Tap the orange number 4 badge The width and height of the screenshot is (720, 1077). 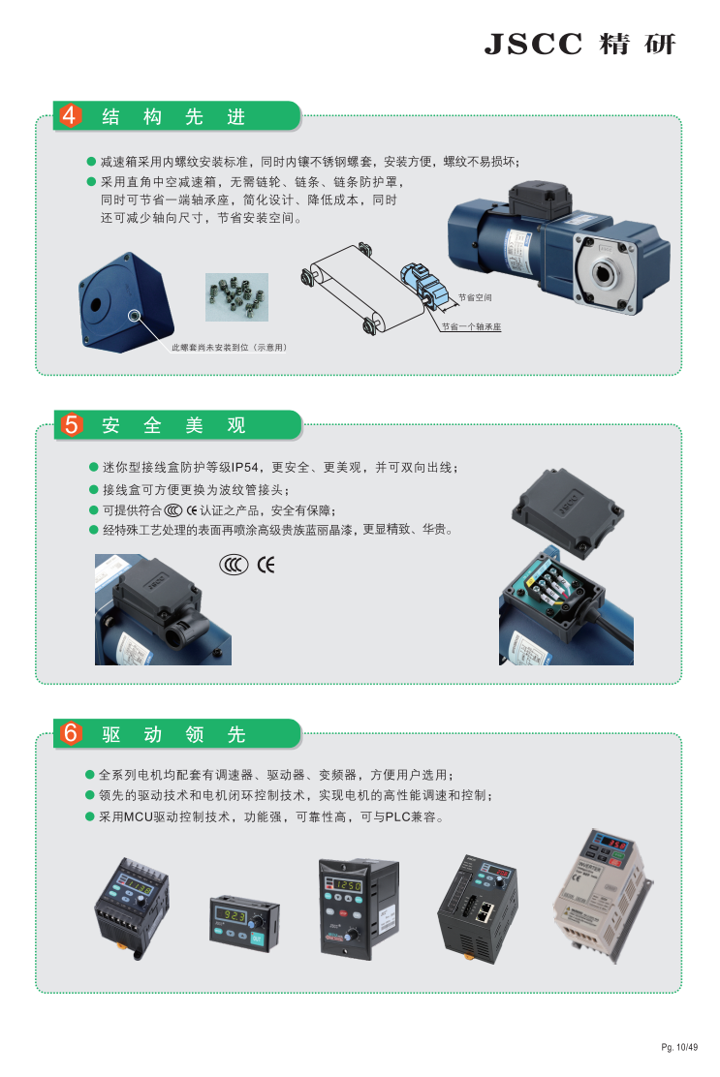pos(70,115)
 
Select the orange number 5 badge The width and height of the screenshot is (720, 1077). pos(70,424)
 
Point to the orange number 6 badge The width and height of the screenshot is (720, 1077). pos(70,733)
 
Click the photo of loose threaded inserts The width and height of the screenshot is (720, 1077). pos(237,297)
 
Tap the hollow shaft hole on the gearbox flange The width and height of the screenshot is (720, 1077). pos(604,273)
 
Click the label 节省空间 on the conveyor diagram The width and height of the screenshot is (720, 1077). pos(475,297)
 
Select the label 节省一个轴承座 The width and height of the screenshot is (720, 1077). pos(471,327)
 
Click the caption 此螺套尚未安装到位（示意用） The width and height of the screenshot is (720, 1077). pos(229,348)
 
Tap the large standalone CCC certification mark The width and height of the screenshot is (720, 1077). pos(234,565)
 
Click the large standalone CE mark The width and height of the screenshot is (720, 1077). pos(266,565)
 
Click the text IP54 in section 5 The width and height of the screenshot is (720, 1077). pos(244,468)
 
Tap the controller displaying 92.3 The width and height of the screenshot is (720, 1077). pos(244,922)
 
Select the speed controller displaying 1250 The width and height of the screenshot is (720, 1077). pos(359,908)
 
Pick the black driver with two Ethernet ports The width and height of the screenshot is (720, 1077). pos(478,908)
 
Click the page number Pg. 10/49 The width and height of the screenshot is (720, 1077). pos(679,1047)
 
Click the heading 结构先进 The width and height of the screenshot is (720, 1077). pos(173,117)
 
